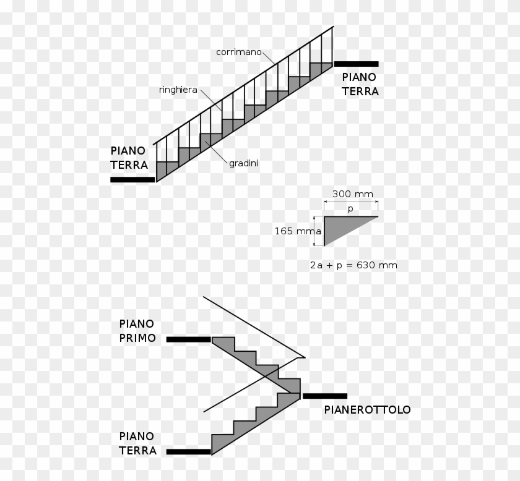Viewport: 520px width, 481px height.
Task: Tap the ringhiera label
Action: tap(178, 90)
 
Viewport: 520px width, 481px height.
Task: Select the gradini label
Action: tap(243, 164)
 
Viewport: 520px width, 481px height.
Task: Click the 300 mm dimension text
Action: tap(353, 194)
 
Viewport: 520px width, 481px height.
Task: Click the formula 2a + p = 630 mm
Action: tap(353, 265)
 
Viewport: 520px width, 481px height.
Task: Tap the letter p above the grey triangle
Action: tap(350, 209)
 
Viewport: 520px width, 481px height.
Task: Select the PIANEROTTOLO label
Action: tap(367, 409)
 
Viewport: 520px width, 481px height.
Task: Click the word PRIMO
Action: tap(137, 338)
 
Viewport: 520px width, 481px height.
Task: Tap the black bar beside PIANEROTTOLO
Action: tap(325, 396)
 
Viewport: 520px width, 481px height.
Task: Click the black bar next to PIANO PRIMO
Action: tap(188, 339)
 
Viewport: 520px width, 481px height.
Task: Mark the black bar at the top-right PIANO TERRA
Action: tap(356, 64)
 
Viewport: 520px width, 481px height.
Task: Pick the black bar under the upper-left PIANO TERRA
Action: tap(132, 179)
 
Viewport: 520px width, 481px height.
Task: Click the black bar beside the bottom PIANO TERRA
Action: tap(188, 451)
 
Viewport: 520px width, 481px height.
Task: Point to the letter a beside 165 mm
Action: tap(319, 232)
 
